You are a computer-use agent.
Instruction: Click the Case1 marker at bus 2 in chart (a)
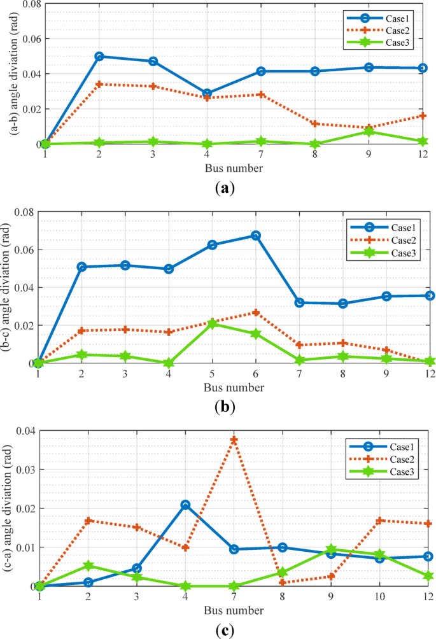[99, 56]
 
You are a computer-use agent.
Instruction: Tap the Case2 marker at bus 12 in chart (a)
[423, 115]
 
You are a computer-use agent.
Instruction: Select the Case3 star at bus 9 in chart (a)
[369, 131]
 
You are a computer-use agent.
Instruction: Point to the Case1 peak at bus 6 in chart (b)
[256, 235]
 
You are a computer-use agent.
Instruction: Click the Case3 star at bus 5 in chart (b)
[212, 323]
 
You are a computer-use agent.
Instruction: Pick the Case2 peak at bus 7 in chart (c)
[234, 440]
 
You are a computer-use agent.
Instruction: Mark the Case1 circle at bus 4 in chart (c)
[185, 505]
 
